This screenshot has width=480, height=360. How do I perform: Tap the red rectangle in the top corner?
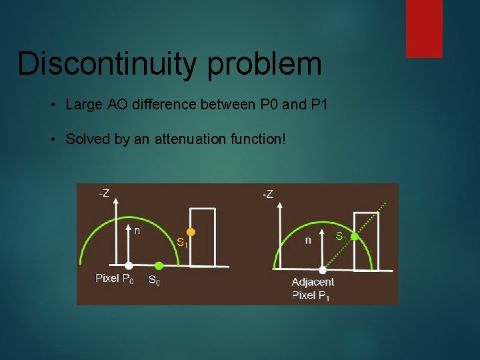click(424, 28)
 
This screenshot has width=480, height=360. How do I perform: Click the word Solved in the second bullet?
click(87, 139)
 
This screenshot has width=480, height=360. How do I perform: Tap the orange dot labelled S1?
click(190, 233)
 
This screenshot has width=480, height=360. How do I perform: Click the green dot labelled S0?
click(158, 266)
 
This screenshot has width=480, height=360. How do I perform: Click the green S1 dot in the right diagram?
click(355, 236)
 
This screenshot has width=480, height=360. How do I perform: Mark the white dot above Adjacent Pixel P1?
click(323, 270)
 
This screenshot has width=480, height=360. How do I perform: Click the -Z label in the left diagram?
click(105, 194)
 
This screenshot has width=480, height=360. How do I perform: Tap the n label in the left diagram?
click(137, 231)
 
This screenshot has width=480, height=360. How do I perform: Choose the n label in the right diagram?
click(308, 240)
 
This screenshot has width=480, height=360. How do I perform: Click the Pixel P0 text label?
click(114, 279)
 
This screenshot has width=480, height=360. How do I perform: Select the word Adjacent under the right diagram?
click(313, 283)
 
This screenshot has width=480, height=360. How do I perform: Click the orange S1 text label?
click(182, 243)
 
